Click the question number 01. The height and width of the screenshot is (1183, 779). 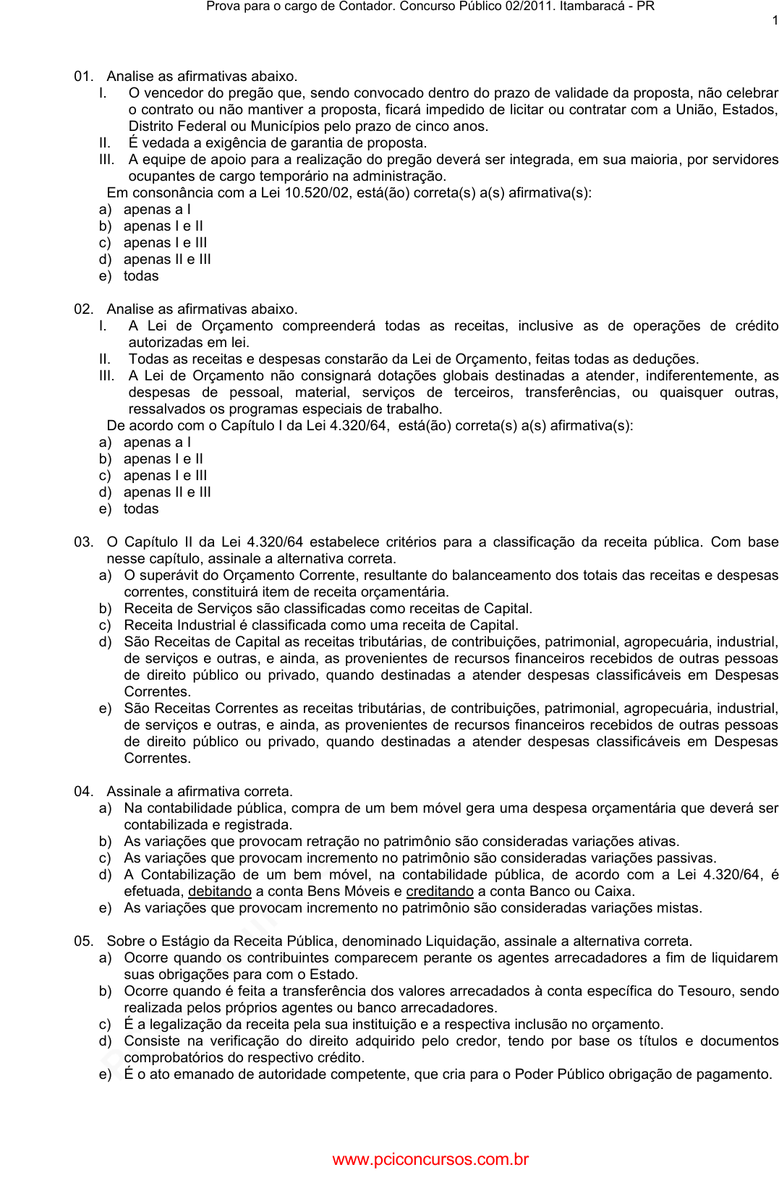click(x=83, y=77)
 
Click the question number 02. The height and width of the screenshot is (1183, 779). click(x=83, y=309)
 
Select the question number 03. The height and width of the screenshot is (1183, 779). click(x=83, y=542)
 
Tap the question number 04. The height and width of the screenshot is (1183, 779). click(x=83, y=792)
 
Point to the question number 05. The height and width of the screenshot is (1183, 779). click(x=83, y=941)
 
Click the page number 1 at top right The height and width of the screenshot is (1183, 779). click(x=775, y=21)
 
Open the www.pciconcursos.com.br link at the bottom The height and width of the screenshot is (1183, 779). click(x=430, y=1160)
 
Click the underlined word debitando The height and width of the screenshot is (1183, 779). click(x=220, y=892)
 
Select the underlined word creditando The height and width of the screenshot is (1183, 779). click(x=440, y=892)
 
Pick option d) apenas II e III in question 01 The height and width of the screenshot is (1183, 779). click(x=166, y=260)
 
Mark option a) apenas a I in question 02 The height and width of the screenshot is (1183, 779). click(x=156, y=443)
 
